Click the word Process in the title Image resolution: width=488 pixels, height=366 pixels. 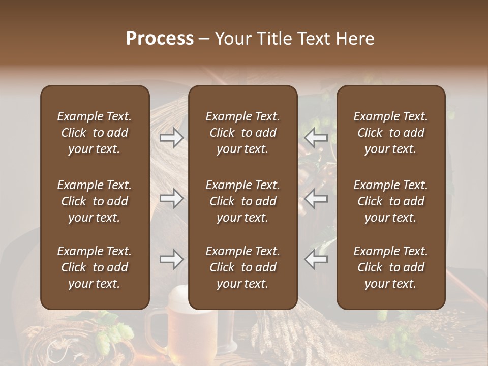tap(160, 39)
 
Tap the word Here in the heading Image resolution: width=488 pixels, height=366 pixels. tap(354, 39)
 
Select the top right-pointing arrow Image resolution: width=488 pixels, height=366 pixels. tap(171, 137)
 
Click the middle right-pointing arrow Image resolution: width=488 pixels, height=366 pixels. tap(171, 198)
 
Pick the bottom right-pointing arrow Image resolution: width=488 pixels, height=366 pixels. tap(171, 260)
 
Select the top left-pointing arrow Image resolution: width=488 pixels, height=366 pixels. tap(316, 137)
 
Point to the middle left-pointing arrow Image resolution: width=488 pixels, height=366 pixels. tap(316, 198)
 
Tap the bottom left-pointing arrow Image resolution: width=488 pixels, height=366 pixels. tap(316, 260)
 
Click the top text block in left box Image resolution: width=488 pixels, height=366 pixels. tap(95, 133)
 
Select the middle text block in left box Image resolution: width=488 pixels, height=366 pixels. tap(95, 201)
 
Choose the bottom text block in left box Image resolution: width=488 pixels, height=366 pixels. tap(95, 267)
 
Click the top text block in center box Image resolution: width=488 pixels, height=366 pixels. tap(243, 133)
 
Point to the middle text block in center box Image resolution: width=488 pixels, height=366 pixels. tap(243, 201)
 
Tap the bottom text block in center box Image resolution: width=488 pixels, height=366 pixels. tap(243, 267)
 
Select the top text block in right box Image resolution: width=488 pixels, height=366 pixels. tap(391, 133)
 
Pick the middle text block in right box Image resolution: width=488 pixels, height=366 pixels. tap(391, 201)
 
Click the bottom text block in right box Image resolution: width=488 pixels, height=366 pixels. tap(391, 267)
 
